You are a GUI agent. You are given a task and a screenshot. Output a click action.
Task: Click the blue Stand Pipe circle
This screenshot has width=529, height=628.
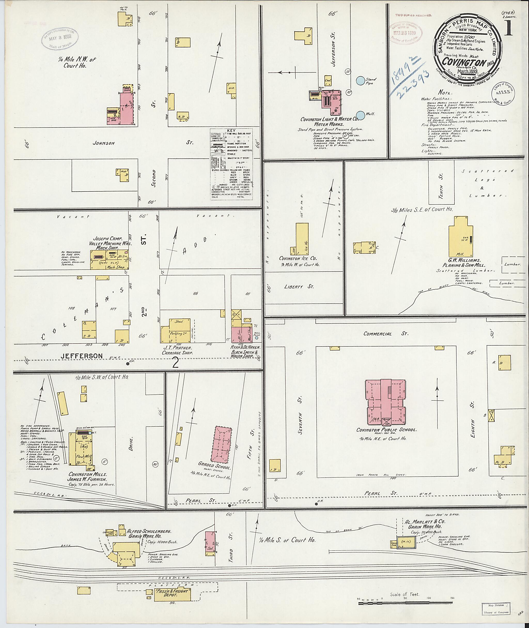tap(361, 80)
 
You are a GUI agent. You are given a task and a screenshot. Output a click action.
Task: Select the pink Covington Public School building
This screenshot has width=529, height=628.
tap(385, 402)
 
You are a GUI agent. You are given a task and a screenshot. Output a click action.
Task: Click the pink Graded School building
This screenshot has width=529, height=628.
tap(222, 444)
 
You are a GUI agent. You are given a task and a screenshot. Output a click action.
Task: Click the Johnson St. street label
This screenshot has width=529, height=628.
tap(104, 143)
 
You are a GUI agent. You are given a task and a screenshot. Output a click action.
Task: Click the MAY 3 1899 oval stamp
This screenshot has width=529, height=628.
tap(60, 39)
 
